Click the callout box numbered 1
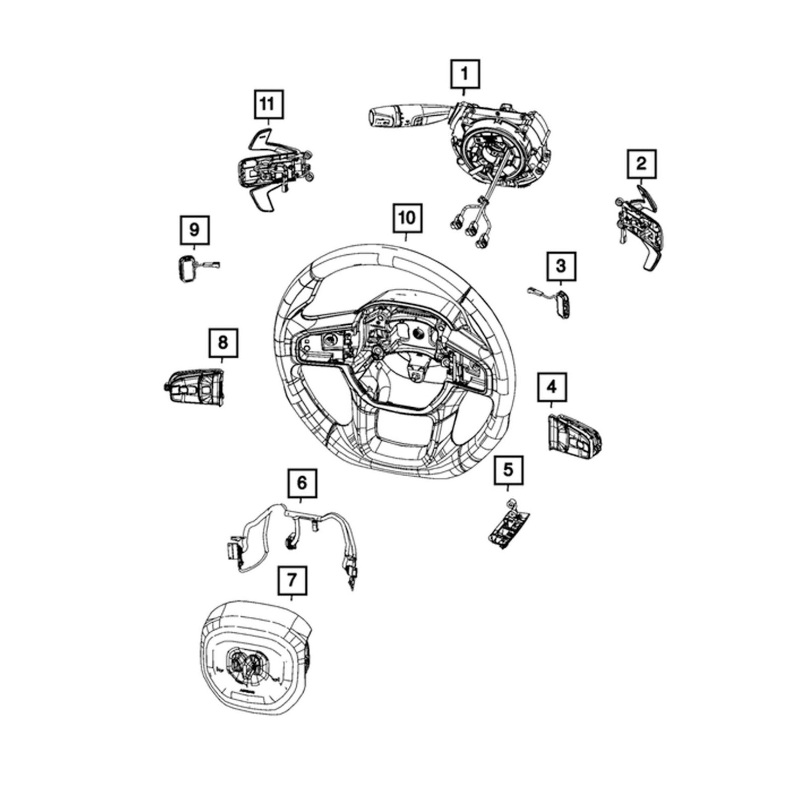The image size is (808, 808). pos(464,75)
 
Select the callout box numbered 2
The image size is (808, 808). pos(642,163)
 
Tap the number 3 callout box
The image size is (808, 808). pos(561,266)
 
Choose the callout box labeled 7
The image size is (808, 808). pos(292,580)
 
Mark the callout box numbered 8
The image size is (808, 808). pos(223,343)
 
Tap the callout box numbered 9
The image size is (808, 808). pos(194,231)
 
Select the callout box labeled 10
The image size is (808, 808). pos(408,219)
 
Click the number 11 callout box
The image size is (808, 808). pos(268,104)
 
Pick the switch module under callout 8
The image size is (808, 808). pos(194,385)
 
